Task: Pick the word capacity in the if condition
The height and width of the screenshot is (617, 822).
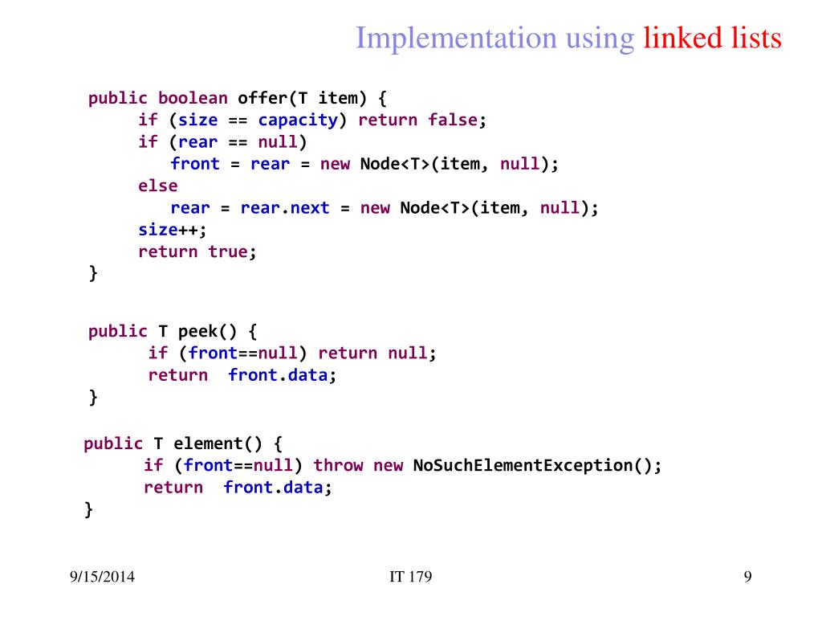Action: [x=297, y=121]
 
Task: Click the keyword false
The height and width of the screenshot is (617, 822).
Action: [x=453, y=121]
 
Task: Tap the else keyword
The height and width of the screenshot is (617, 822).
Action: [x=158, y=186]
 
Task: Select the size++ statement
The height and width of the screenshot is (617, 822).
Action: [x=172, y=230]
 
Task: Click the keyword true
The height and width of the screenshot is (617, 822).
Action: [x=227, y=251]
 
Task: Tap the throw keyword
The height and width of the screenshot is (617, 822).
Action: [x=338, y=465]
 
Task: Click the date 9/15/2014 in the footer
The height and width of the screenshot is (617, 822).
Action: [x=102, y=576]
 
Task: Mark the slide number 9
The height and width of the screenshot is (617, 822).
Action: [x=747, y=576]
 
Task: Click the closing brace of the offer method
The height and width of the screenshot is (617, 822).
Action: [x=93, y=273]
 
